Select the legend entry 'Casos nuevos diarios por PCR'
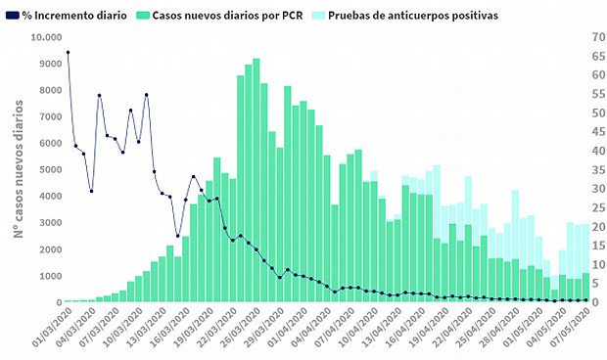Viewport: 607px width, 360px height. (x=227, y=16)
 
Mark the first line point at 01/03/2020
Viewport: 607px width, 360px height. (x=68, y=52)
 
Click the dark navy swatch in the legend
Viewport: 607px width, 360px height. (x=12, y=16)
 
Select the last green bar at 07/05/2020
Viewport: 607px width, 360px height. (x=585, y=288)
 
